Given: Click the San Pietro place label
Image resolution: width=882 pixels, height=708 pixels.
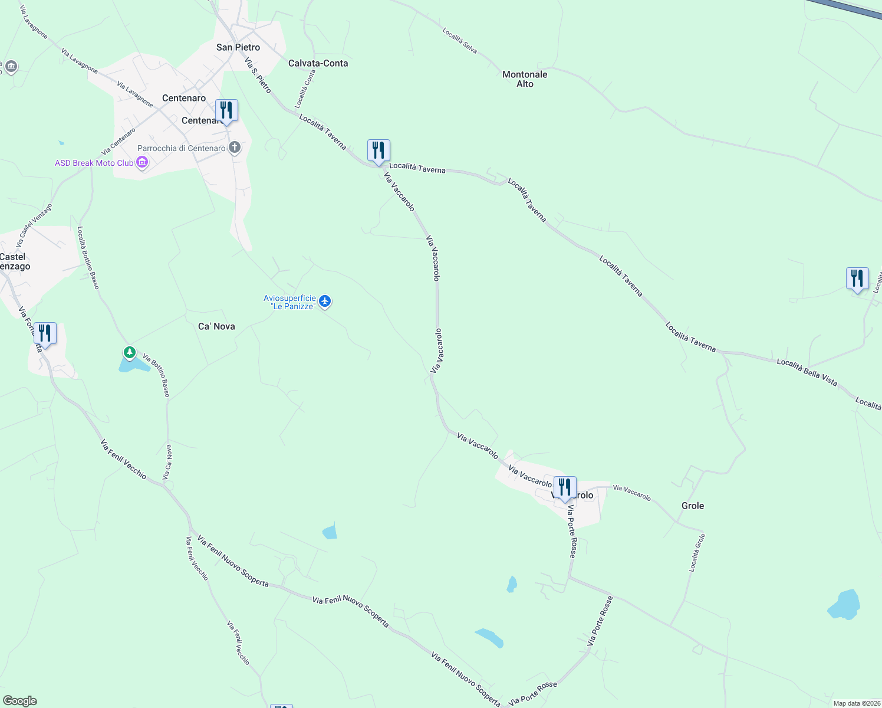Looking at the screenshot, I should [238, 47].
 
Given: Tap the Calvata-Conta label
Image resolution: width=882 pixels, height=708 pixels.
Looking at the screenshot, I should [318, 63].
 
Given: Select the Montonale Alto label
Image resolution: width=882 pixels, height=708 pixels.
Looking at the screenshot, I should [525, 79].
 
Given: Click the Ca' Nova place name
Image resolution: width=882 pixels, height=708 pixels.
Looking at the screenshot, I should [216, 326].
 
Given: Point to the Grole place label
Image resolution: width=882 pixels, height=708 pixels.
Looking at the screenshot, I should [693, 506].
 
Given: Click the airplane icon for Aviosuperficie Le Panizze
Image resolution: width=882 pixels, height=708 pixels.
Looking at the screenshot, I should [324, 301].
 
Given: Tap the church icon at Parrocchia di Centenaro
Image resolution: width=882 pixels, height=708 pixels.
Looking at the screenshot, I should [235, 147].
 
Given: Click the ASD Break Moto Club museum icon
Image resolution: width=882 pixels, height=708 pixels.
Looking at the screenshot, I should [141, 163].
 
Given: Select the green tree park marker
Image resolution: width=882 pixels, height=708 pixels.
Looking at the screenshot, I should [129, 353].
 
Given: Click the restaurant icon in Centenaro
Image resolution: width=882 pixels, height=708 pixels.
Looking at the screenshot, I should [226, 110].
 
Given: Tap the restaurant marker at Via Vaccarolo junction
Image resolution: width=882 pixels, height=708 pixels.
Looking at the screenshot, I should [379, 150].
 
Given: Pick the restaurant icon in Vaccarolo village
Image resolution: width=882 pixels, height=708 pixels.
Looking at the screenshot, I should [565, 487].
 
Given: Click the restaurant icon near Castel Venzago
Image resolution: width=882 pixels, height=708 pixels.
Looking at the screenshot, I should [45, 333].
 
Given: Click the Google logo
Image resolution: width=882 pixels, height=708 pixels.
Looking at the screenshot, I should [19, 701].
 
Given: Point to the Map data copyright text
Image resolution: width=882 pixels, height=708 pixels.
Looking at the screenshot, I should [855, 703].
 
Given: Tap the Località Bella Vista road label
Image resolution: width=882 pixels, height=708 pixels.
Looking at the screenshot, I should [807, 372].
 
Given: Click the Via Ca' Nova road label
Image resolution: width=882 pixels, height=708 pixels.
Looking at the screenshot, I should [168, 462].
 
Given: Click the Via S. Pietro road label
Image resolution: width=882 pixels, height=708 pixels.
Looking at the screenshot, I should [258, 75].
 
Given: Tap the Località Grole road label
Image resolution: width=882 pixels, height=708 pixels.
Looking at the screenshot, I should [697, 553].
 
